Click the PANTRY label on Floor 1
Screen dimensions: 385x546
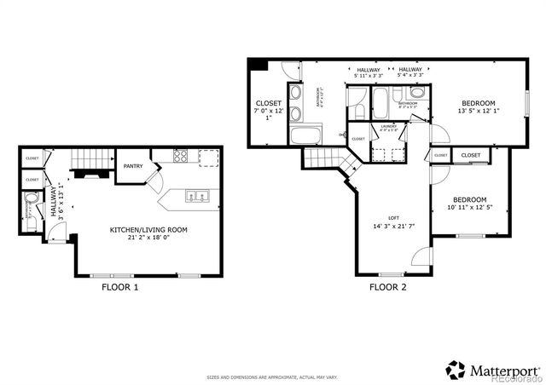132,166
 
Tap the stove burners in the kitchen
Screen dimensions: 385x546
181,156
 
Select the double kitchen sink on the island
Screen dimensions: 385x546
197,197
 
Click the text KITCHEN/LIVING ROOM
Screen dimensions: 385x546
148,230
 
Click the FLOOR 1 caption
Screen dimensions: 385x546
119,288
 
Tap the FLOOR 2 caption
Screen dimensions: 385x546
387,288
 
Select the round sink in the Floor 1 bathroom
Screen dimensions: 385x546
32,203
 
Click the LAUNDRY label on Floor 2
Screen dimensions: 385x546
388,126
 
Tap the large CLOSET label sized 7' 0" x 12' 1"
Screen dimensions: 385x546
267,102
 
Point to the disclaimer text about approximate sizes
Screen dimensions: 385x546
272,376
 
